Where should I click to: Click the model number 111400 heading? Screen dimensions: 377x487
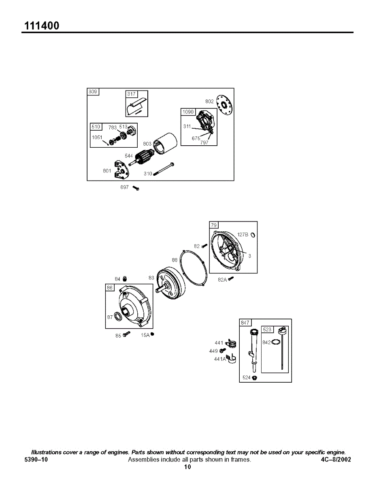(x=42, y=26)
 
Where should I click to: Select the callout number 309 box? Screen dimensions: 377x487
(x=93, y=92)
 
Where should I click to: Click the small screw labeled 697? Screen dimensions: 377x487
(x=136, y=188)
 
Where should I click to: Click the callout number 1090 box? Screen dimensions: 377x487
(x=188, y=112)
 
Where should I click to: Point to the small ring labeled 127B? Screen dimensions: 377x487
(x=253, y=235)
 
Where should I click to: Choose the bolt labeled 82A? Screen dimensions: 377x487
(x=231, y=279)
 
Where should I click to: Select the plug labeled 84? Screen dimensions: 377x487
(x=125, y=278)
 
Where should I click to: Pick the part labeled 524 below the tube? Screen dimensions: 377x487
(x=255, y=378)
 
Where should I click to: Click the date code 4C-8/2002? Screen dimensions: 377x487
(x=336, y=460)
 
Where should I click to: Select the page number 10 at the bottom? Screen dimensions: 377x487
(x=187, y=467)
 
